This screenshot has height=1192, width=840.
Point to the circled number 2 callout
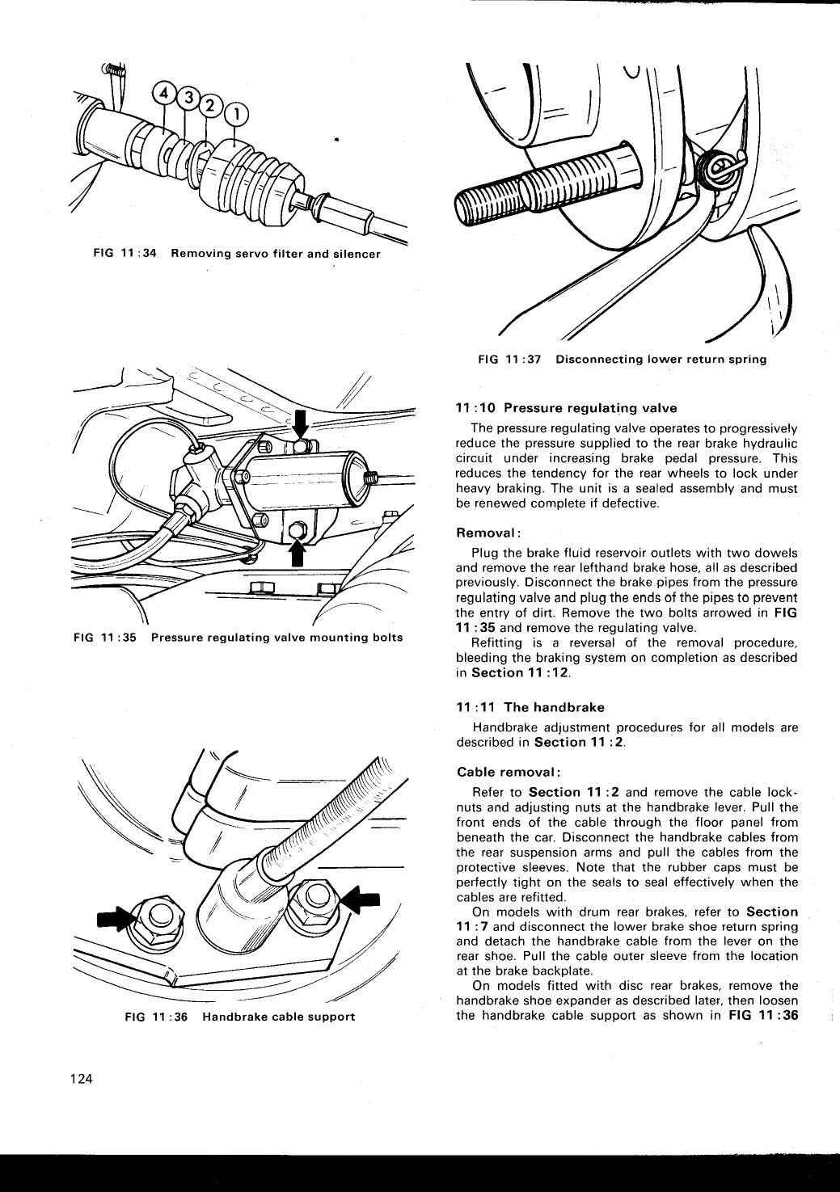pos(211,106)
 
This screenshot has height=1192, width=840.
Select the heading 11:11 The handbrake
pos(530,707)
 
